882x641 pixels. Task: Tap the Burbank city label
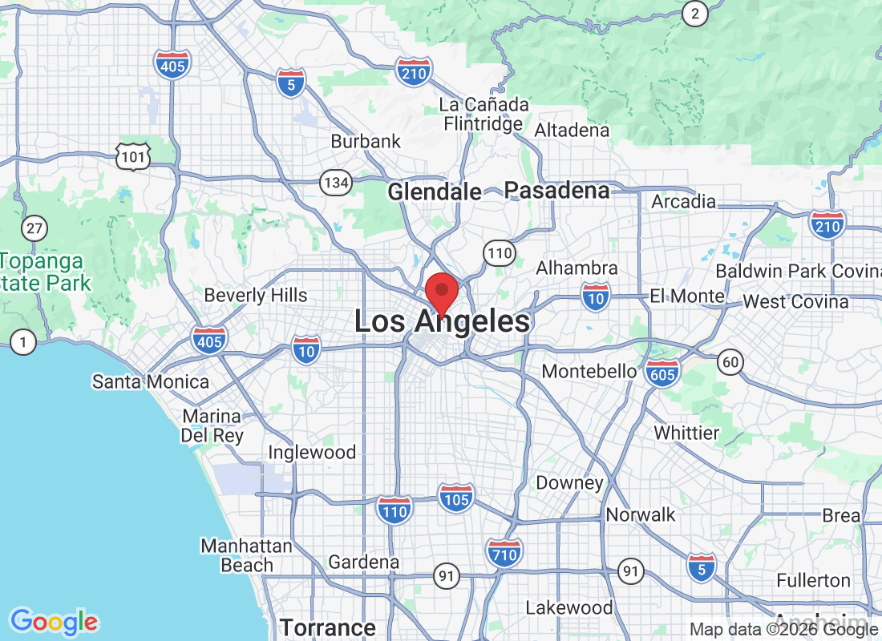[x=366, y=142]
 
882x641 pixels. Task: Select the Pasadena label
[x=557, y=191]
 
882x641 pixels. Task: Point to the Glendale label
[x=435, y=192]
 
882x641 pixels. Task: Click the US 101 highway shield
[x=131, y=156]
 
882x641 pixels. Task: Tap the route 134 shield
[x=336, y=183]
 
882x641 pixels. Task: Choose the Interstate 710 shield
[x=504, y=552]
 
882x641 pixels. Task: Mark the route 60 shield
[x=730, y=362]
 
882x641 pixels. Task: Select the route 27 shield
[x=34, y=229]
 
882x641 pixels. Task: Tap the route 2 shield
[x=694, y=13]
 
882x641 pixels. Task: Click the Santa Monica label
[x=151, y=381]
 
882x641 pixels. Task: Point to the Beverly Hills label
[x=256, y=295]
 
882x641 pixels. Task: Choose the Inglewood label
[x=312, y=453]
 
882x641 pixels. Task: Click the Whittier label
[x=686, y=433]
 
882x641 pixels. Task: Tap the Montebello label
[x=589, y=372]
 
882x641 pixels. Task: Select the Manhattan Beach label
[x=246, y=555]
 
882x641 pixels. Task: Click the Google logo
[x=55, y=621]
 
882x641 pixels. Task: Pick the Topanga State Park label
[x=44, y=272]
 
